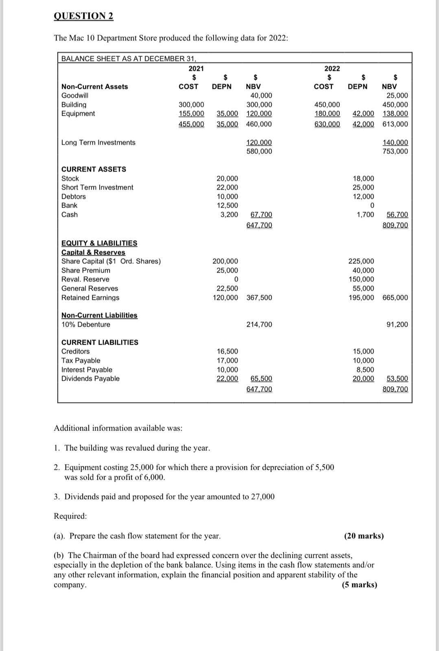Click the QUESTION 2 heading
83,16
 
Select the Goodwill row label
74,96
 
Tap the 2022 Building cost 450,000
327,105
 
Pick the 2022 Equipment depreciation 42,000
363,114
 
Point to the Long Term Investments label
98,142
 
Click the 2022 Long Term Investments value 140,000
395,142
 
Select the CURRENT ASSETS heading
94,169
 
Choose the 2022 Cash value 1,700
365,214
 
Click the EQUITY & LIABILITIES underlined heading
99,243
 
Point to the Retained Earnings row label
90,297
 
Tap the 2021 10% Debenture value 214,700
259,324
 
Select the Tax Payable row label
81,360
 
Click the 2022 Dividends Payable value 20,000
363,378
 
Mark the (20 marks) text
364,536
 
